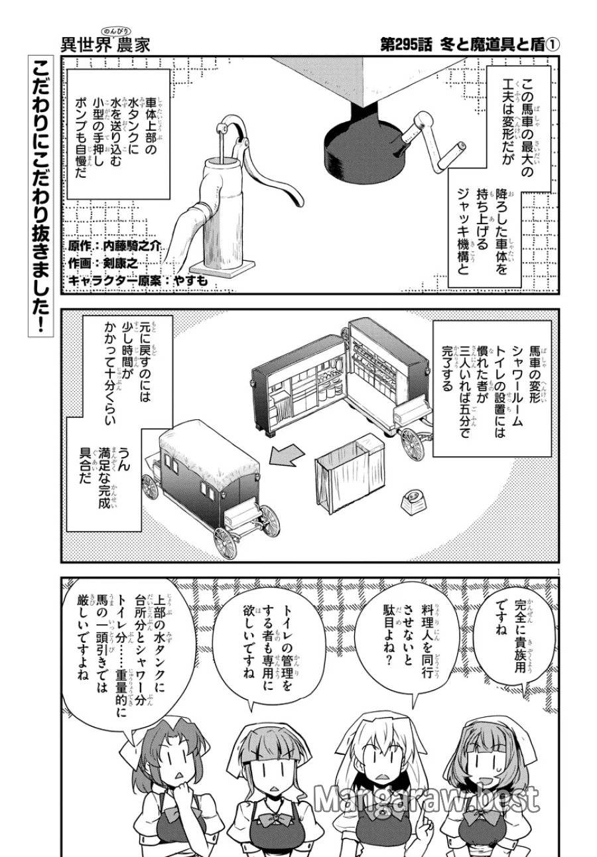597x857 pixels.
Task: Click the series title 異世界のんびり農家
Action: click(x=106, y=43)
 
